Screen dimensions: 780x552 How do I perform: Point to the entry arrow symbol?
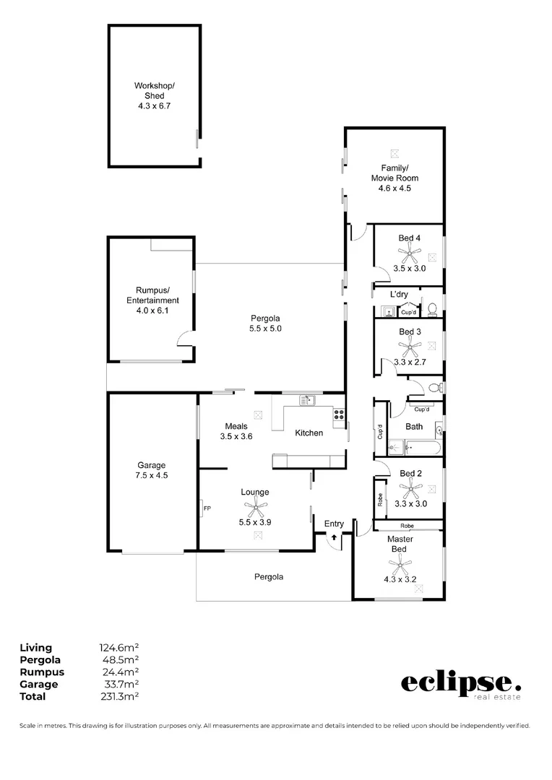click(x=335, y=537)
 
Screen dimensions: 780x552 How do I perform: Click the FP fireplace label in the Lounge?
click(x=207, y=508)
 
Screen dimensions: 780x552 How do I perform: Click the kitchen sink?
click(x=307, y=399)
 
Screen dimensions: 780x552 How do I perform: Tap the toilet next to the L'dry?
click(x=432, y=309)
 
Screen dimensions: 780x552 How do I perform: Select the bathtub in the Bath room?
click(x=414, y=448)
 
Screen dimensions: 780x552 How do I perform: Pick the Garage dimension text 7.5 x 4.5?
click(x=152, y=475)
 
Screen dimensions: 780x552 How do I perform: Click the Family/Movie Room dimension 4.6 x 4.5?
click(x=394, y=188)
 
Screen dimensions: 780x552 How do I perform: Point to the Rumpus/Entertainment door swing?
click(x=186, y=337)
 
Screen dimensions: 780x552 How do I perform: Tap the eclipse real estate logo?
click(x=460, y=684)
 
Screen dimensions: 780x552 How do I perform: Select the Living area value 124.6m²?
click(x=118, y=648)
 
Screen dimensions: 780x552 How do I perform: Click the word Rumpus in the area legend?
click(x=41, y=672)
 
